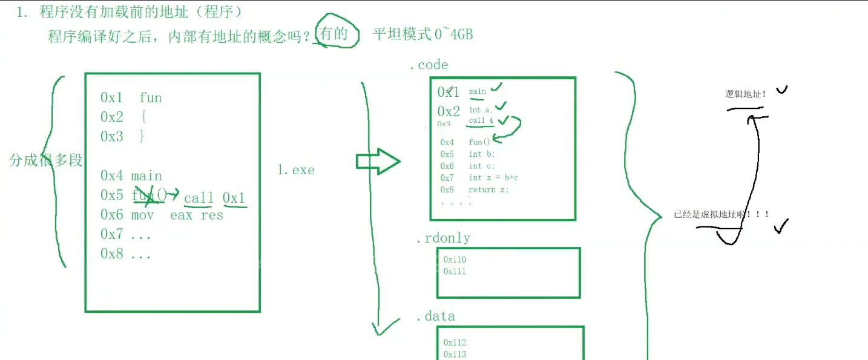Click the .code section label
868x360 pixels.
coord(429,65)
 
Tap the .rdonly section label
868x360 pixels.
coord(442,238)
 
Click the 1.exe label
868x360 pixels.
coord(296,170)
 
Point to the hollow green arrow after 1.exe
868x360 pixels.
coord(377,162)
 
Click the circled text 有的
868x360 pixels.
coord(334,34)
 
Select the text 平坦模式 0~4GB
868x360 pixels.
coord(422,34)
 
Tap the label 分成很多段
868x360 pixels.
coord(46,160)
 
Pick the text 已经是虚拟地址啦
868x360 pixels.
coord(721,214)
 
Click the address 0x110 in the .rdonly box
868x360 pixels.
coord(455,260)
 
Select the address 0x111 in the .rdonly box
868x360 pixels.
coord(455,271)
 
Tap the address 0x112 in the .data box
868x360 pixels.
coord(455,342)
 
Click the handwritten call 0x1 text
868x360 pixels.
coord(215,198)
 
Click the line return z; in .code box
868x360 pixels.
coord(488,189)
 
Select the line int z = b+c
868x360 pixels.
coord(493,178)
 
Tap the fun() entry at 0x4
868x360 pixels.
coord(479,142)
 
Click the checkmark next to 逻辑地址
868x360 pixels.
coord(781,90)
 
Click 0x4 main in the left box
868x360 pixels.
coord(131,176)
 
